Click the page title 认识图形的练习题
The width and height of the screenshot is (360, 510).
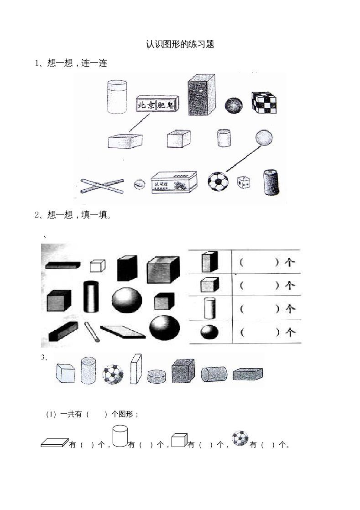point(180,44)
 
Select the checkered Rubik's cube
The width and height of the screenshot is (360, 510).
point(264,102)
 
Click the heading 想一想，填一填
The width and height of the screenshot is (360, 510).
point(73,215)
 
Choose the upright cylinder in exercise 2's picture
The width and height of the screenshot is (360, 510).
point(91,297)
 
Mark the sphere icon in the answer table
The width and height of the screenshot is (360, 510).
point(209,332)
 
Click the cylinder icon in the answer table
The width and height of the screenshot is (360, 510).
point(209,308)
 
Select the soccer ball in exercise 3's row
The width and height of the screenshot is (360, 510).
point(113,374)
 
